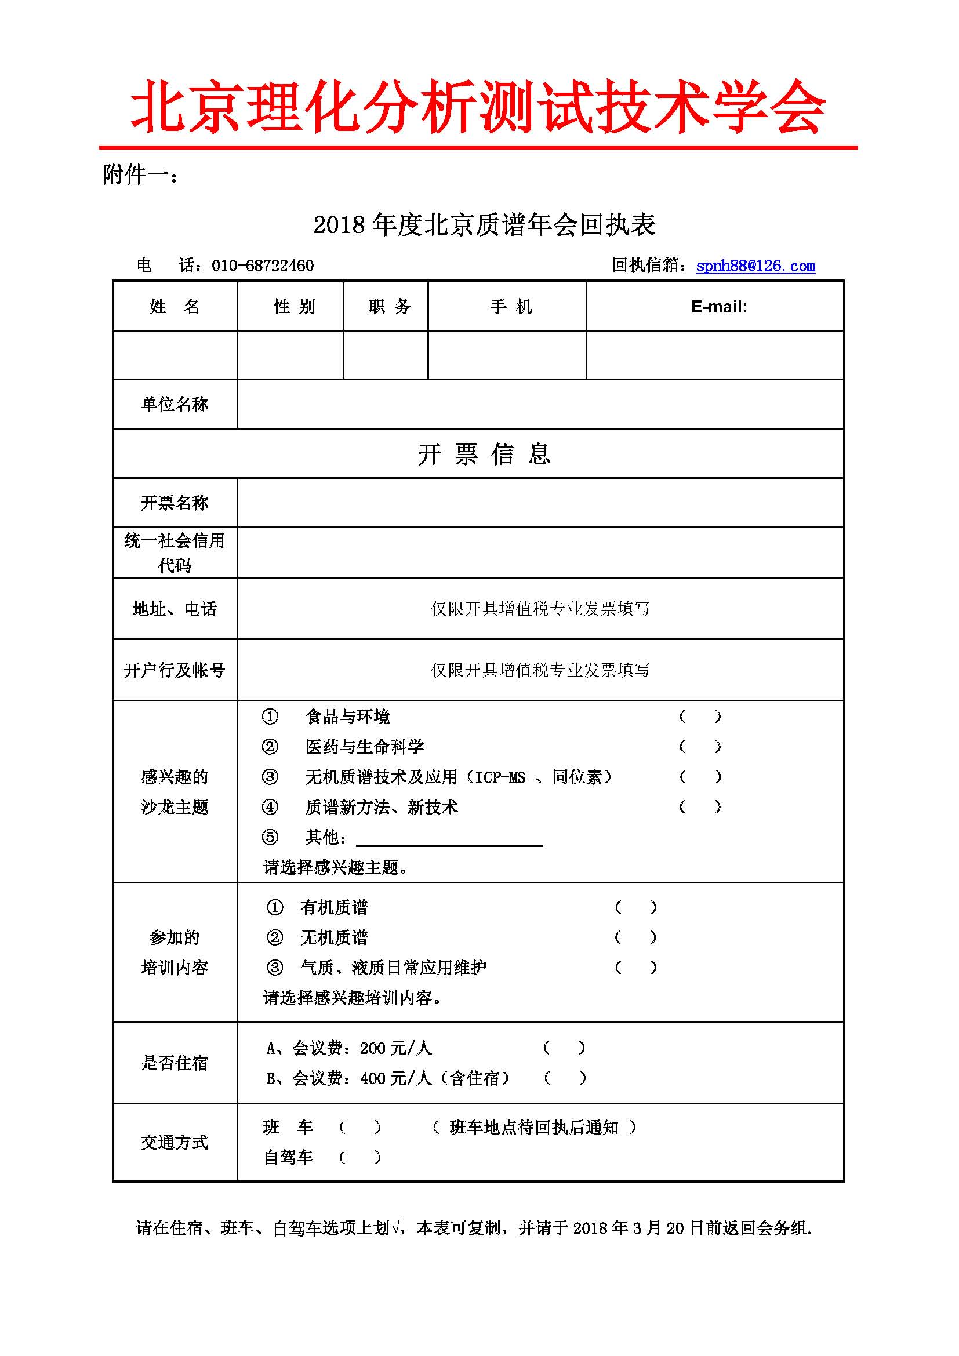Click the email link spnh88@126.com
click(x=755, y=266)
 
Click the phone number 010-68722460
click(x=262, y=266)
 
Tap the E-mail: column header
click(x=718, y=307)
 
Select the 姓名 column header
click(x=175, y=307)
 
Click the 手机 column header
click(x=511, y=307)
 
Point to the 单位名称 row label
click(x=175, y=404)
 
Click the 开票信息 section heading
click(x=484, y=454)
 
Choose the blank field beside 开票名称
click(x=540, y=503)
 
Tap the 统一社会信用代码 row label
click(x=175, y=553)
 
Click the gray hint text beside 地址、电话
click(x=540, y=608)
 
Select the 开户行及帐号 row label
click(x=175, y=670)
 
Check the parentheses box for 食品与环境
click(x=700, y=717)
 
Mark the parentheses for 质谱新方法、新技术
click(x=700, y=807)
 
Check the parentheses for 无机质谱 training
click(x=635, y=937)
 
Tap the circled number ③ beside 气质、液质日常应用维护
click(x=275, y=968)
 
